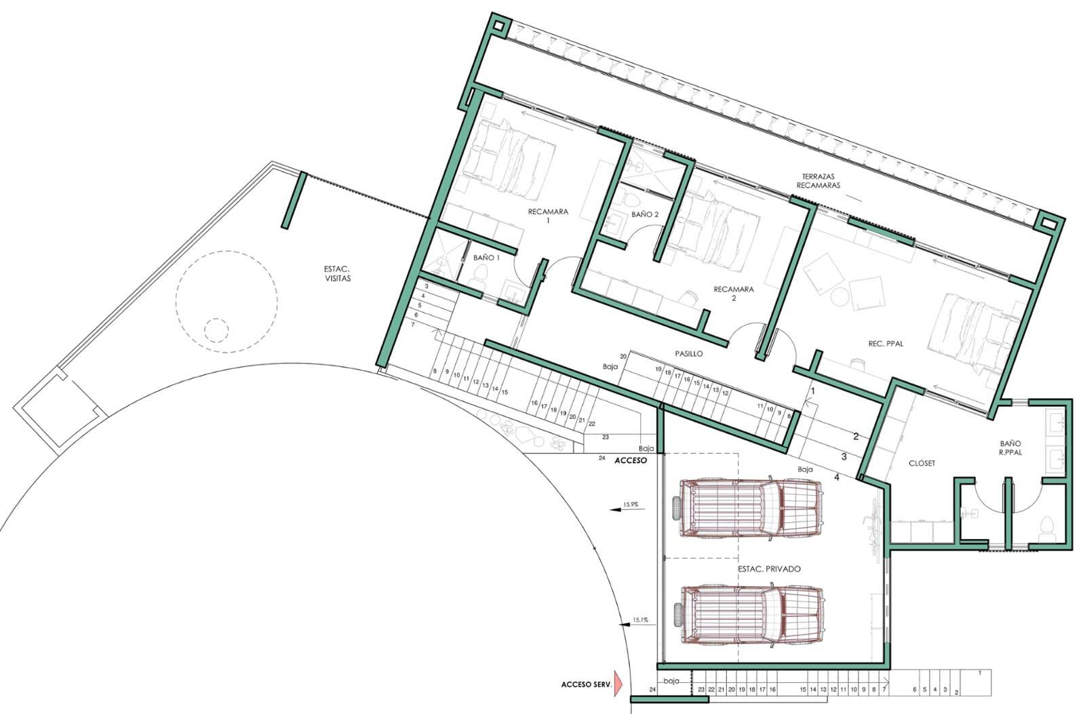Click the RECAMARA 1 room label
pyautogui.click(x=548, y=216)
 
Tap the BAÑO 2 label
pyautogui.click(x=645, y=214)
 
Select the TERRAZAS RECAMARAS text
pyautogui.click(x=818, y=181)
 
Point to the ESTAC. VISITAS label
pyautogui.click(x=337, y=274)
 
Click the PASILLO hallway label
pyautogui.click(x=689, y=354)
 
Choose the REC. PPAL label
pyautogui.click(x=886, y=344)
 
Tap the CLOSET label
pyautogui.click(x=922, y=463)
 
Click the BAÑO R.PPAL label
pyautogui.click(x=1010, y=448)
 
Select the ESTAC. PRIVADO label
pyautogui.click(x=769, y=569)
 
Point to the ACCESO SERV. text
pyautogui.click(x=586, y=685)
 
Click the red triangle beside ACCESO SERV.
pyautogui.click(x=618, y=683)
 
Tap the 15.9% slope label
pyautogui.click(x=631, y=504)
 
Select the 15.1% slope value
pyautogui.click(x=640, y=620)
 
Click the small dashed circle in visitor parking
pyautogui.click(x=216, y=330)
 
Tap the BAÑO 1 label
pyautogui.click(x=486, y=258)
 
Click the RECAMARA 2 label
pyautogui.click(x=734, y=294)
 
